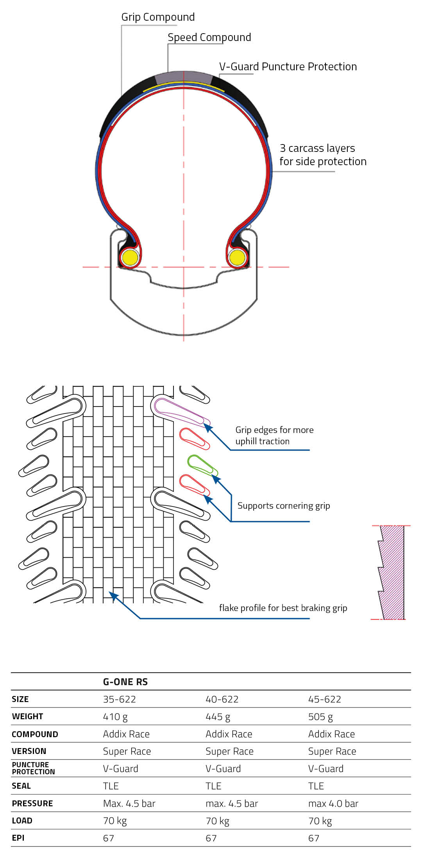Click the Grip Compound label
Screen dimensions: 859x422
(158, 17)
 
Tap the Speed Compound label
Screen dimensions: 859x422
(209, 37)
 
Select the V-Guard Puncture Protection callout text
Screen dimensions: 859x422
(288, 67)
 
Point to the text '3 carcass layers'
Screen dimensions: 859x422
(317, 148)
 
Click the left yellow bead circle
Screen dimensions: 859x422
(129, 258)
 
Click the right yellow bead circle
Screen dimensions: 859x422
(237, 258)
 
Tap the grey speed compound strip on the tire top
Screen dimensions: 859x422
(183, 77)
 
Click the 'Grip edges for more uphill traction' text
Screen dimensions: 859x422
(274, 435)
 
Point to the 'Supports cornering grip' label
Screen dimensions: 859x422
(284, 506)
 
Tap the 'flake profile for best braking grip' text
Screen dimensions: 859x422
(283, 608)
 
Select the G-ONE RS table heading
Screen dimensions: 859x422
(125, 682)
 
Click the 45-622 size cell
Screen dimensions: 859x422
(325, 699)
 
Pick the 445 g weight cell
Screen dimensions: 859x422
(218, 717)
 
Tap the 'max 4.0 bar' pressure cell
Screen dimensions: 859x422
(333, 804)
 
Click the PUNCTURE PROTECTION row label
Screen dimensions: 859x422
(33, 768)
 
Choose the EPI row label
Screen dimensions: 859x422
(18, 838)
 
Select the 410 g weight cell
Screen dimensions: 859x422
(115, 717)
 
